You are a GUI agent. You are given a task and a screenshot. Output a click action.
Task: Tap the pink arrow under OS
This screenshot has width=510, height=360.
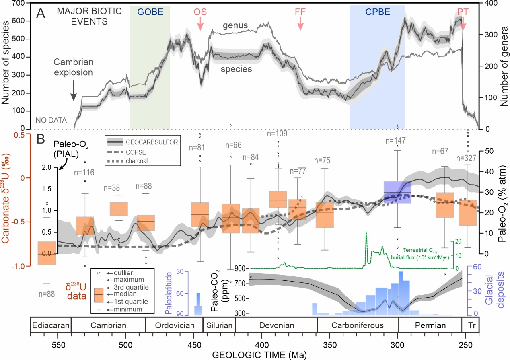point(200,24)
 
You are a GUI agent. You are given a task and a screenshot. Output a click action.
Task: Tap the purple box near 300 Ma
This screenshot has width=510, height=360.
point(397,192)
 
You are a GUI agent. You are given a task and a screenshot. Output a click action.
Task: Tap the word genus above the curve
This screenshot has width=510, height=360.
point(236,26)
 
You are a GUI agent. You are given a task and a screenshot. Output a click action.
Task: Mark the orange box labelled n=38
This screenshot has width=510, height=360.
point(119,209)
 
